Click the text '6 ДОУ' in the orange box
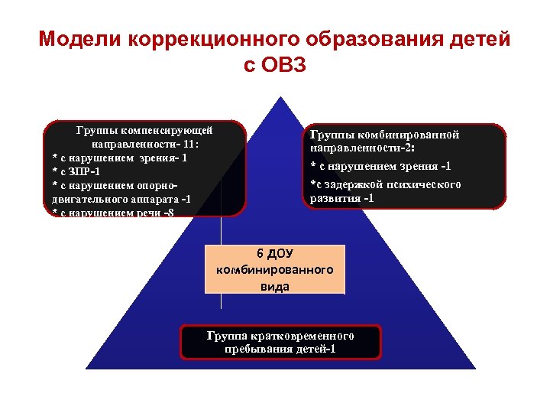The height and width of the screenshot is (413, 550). click(275, 254)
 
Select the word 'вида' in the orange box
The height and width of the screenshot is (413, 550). click(275, 287)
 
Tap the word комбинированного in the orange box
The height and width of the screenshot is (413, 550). click(275, 270)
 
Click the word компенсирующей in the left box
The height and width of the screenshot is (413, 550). click(169, 130)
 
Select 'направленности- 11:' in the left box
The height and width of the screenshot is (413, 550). click(145, 144)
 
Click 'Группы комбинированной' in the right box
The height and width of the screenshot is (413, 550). click(384, 135)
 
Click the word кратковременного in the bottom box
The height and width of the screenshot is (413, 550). click(302, 336)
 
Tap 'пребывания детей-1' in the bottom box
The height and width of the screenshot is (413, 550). click(280, 350)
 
